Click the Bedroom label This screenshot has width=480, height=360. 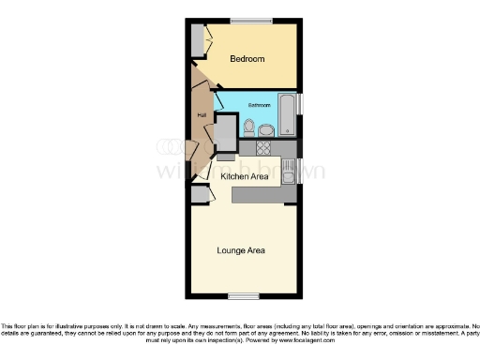coord(247,59)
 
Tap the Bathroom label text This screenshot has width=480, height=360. coord(260,105)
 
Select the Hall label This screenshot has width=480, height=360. coord(201,115)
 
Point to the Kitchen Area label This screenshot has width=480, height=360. coord(245,175)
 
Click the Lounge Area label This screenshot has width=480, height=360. coord(241,250)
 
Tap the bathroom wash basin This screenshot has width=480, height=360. coord(266,130)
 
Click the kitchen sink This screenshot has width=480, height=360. coord(288,170)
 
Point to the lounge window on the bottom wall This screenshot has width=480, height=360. coord(244,296)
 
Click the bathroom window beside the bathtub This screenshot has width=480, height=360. coord(300,104)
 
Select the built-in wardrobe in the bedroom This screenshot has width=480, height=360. coord(197,40)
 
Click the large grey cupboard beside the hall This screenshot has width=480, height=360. coord(226,133)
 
